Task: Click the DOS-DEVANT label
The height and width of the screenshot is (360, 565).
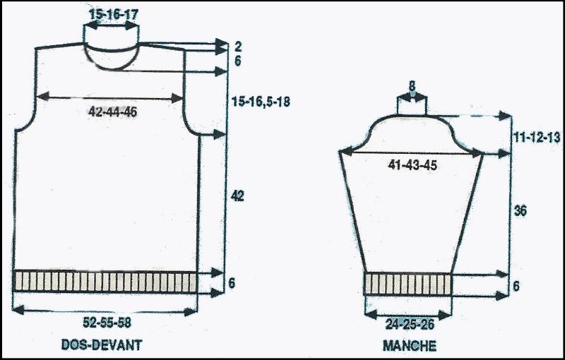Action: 102,345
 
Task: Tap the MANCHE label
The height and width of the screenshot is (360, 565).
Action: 410,346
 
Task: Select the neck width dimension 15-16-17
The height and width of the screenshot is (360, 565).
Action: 114,15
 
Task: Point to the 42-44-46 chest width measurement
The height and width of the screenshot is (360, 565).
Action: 112,112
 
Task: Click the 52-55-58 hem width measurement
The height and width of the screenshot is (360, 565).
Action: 107,322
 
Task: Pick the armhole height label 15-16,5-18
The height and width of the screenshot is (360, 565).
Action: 261,102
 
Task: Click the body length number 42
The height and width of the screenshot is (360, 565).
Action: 237,196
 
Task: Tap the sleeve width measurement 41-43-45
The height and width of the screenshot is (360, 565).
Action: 412,165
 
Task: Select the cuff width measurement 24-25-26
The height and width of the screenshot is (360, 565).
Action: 410,325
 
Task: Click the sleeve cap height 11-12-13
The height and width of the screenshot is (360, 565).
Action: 537,138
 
